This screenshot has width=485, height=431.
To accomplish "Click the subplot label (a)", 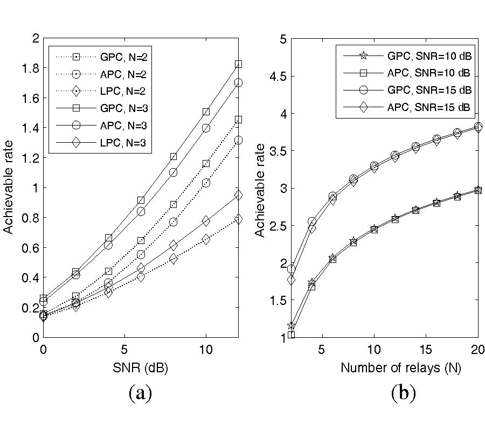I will click(x=141, y=394).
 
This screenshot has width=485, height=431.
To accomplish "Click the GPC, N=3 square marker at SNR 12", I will click(x=238, y=64).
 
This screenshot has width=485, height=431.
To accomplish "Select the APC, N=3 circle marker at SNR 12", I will click(x=238, y=83).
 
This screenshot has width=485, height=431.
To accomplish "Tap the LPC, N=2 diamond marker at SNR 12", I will click(x=238, y=219).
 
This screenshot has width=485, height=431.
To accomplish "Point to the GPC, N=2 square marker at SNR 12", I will click(x=238, y=120).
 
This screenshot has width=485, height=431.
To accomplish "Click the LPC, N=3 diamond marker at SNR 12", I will click(x=238, y=195).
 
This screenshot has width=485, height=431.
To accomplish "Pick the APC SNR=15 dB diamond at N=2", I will click(x=292, y=280).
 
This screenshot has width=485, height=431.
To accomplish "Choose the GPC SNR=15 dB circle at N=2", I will click(x=292, y=269).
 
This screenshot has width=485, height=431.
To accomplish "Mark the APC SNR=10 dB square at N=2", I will click(x=292, y=335).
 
